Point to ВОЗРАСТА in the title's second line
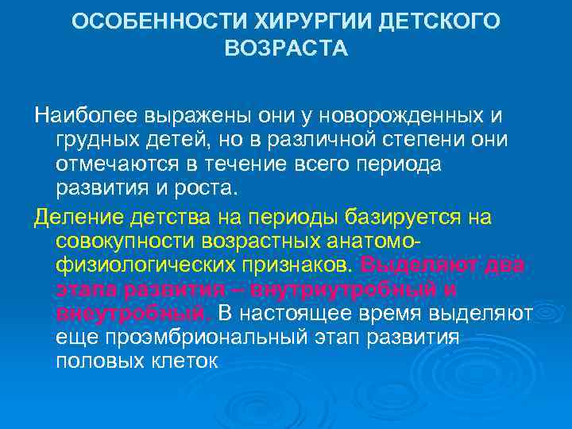[x=286, y=49]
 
